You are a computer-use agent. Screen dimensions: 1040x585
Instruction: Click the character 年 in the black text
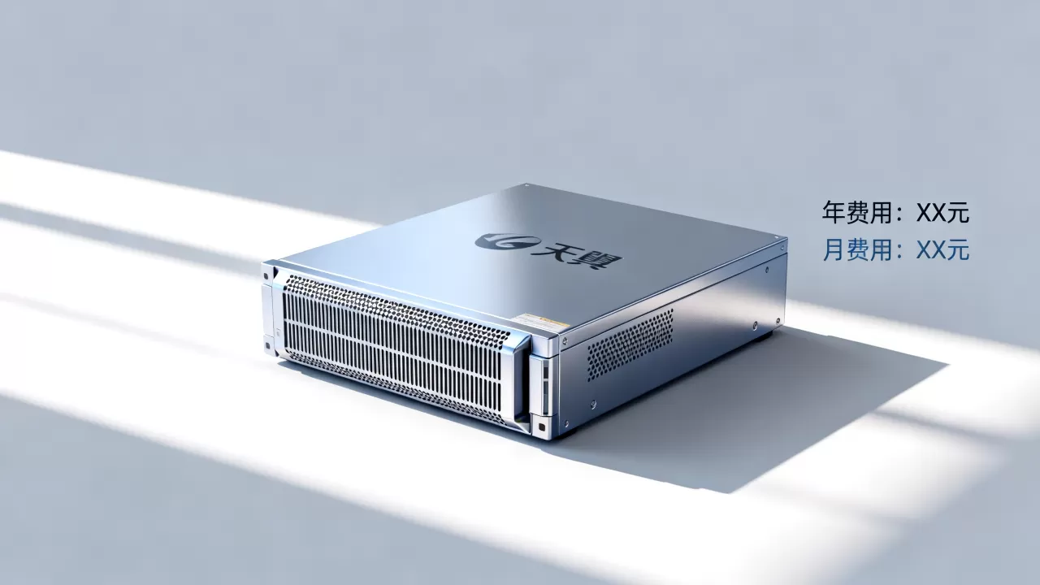(x=834, y=212)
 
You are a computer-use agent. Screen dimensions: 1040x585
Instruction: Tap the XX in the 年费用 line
(x=930, y=213)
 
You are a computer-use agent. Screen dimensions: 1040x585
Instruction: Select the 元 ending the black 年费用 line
(x=957, y=213)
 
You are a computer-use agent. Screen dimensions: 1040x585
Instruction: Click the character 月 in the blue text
(x=834, y=249)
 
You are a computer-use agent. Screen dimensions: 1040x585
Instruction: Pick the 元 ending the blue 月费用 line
(x=957, y=250)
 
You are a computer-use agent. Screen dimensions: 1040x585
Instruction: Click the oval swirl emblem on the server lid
(x=508, y=241)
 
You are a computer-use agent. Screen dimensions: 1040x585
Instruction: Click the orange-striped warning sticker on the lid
(x=542, y=321)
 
